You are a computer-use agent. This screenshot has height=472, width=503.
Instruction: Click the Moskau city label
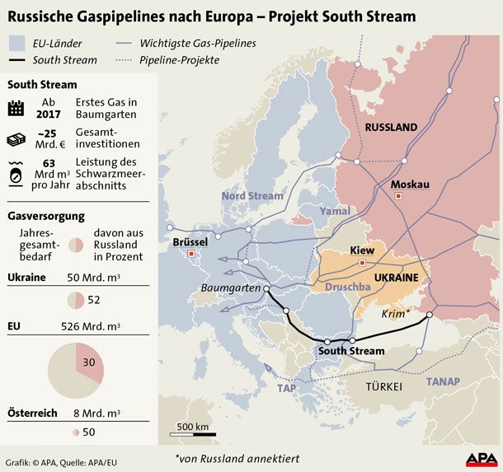[x=410, y=184]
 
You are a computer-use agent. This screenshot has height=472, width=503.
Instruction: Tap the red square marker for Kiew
[x=362, y=263]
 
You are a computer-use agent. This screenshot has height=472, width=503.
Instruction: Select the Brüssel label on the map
[x=191, y=243]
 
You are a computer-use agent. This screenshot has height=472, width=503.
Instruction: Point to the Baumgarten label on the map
[x=231, y=288]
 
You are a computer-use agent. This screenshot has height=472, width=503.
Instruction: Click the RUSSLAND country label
[x=391, y=127]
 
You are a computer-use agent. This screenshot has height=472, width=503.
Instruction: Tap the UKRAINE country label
[x=397, y=278]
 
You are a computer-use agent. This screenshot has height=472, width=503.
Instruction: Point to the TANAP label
[x=443, y=381]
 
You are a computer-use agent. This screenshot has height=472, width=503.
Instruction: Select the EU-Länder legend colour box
[x=17, y=44]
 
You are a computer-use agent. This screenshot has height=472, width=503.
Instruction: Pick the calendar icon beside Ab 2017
[x=16, y=108]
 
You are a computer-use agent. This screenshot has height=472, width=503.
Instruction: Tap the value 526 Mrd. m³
[x=90, y=327]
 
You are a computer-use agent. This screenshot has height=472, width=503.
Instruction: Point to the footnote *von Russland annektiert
[x=237, y=458]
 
